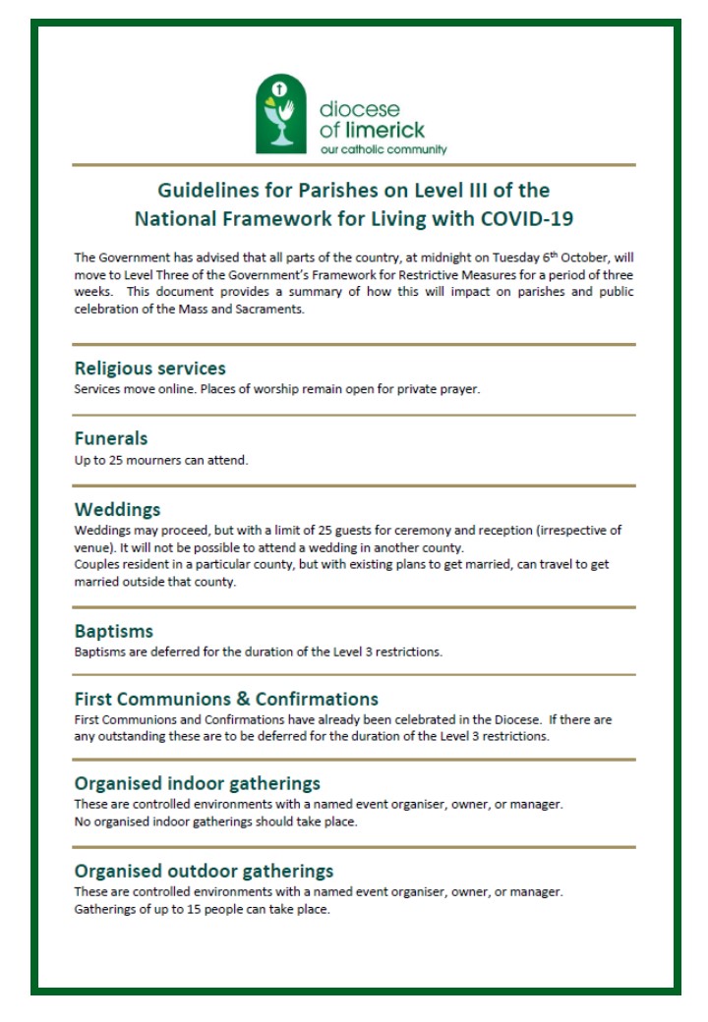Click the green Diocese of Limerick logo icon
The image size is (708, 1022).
point(281,117)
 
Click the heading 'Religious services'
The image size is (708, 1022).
point(150,369)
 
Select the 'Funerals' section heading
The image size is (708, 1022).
point(111,438)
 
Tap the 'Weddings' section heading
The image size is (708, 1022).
point(118,510)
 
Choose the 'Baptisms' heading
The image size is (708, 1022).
point(114,631)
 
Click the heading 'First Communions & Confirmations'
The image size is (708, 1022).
point(226,700)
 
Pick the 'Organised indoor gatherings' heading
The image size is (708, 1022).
point(198,784)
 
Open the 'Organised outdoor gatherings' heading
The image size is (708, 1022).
point(204,871)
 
